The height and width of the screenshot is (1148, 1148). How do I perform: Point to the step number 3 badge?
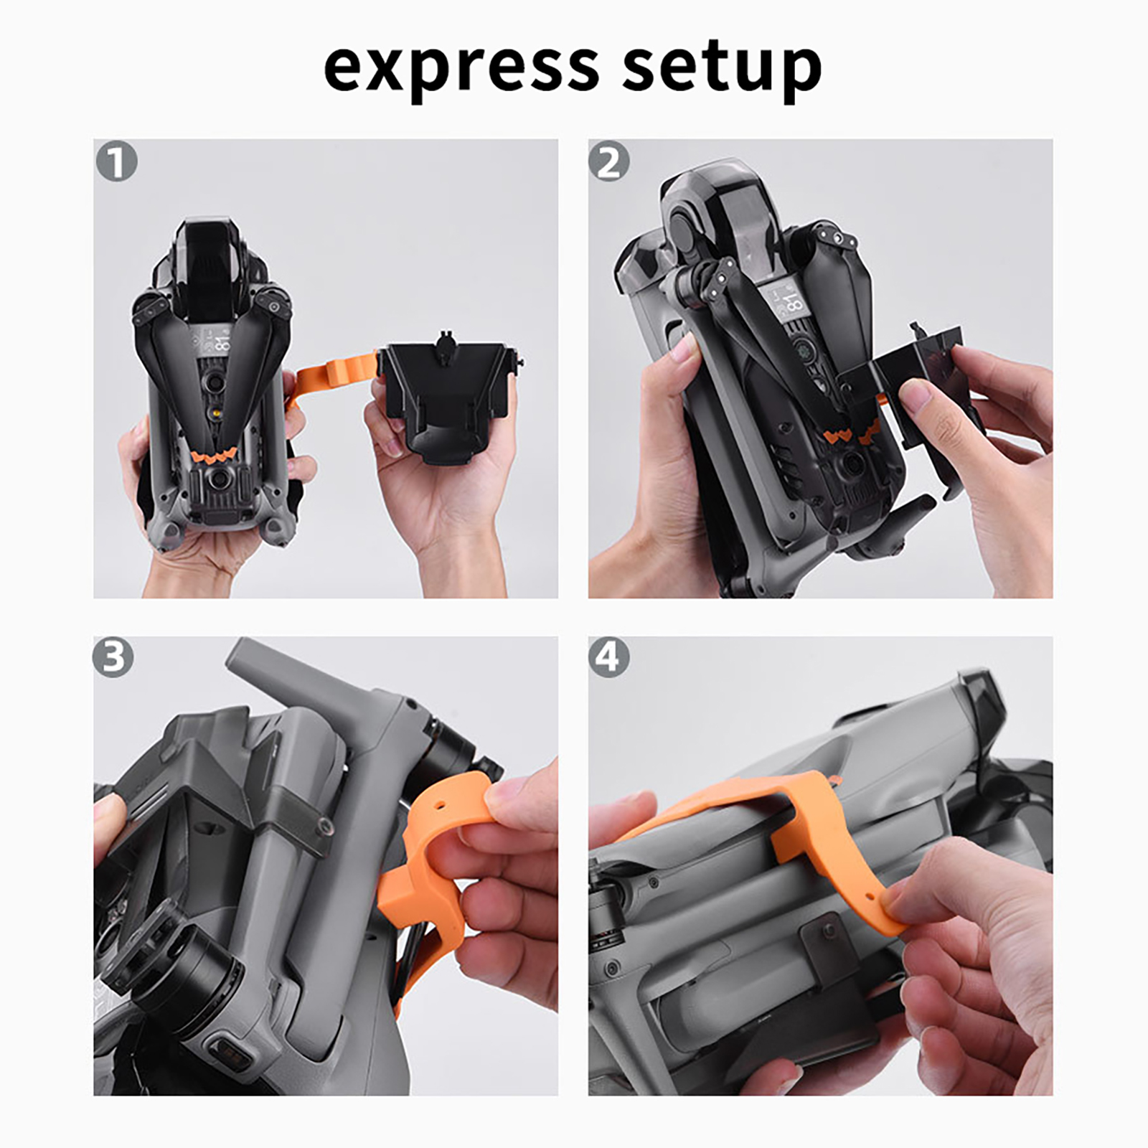click(113, 657)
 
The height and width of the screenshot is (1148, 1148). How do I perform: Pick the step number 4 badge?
click(608, 657)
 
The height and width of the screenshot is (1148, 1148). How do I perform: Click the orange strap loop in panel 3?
click(430, 847)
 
